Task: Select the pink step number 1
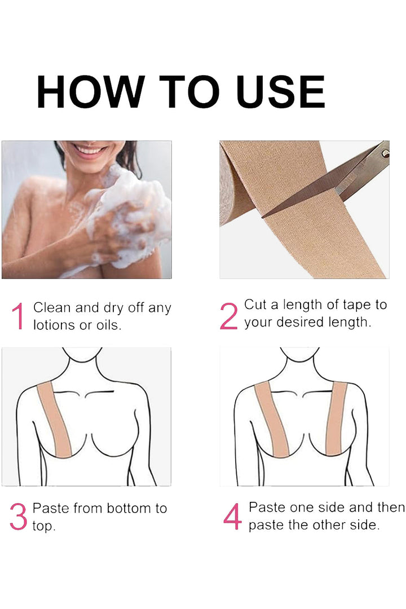[x=18, y=317]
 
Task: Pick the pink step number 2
[x=228, y=316]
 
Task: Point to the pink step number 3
[x=18, y=517]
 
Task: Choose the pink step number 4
[x=232, y=517]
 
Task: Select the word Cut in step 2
[x=255, y=304]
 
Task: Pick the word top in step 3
[x=43, y=527]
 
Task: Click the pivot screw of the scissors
[x=385, y=152]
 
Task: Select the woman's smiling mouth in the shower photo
[x=91, y=151]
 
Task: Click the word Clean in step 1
[x=51, y=308]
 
